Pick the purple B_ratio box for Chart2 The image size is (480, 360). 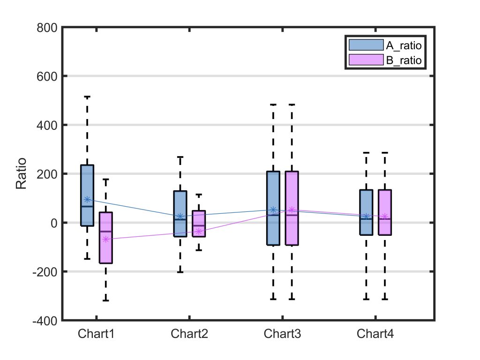pos(199,224)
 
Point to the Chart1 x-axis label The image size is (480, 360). pos(96,334)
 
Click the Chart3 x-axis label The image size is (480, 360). pos(282,334)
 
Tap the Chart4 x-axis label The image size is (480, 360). pos(375,334)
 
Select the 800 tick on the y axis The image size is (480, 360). pos(47,28)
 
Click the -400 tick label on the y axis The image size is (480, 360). pos(45,321)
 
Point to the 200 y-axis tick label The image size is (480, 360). pos(47,174)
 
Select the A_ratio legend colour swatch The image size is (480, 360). pos(366,45)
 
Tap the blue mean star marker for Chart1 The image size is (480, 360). pos(87,199)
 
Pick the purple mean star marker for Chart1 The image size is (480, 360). pos(106,239)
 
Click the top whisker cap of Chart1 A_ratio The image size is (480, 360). pos(87,97)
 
